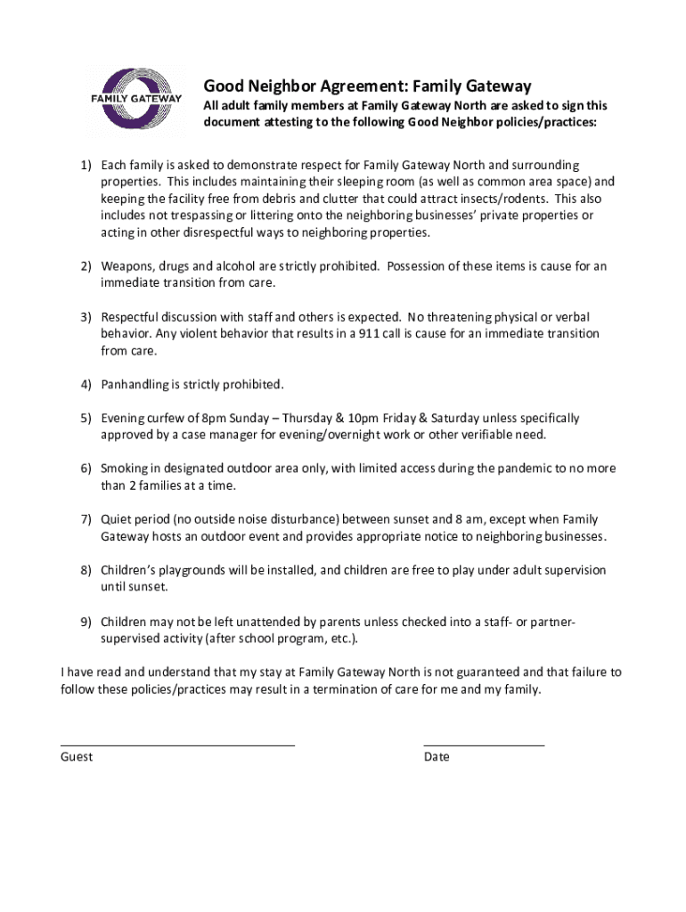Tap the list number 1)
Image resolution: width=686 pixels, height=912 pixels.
86,166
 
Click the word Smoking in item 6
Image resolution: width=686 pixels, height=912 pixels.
127,468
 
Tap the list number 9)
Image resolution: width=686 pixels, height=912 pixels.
86,621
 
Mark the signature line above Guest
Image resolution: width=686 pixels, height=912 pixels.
177,744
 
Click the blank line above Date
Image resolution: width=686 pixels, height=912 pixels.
484,744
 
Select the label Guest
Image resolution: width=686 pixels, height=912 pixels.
77,757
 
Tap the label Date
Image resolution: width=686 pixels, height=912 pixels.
437,757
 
